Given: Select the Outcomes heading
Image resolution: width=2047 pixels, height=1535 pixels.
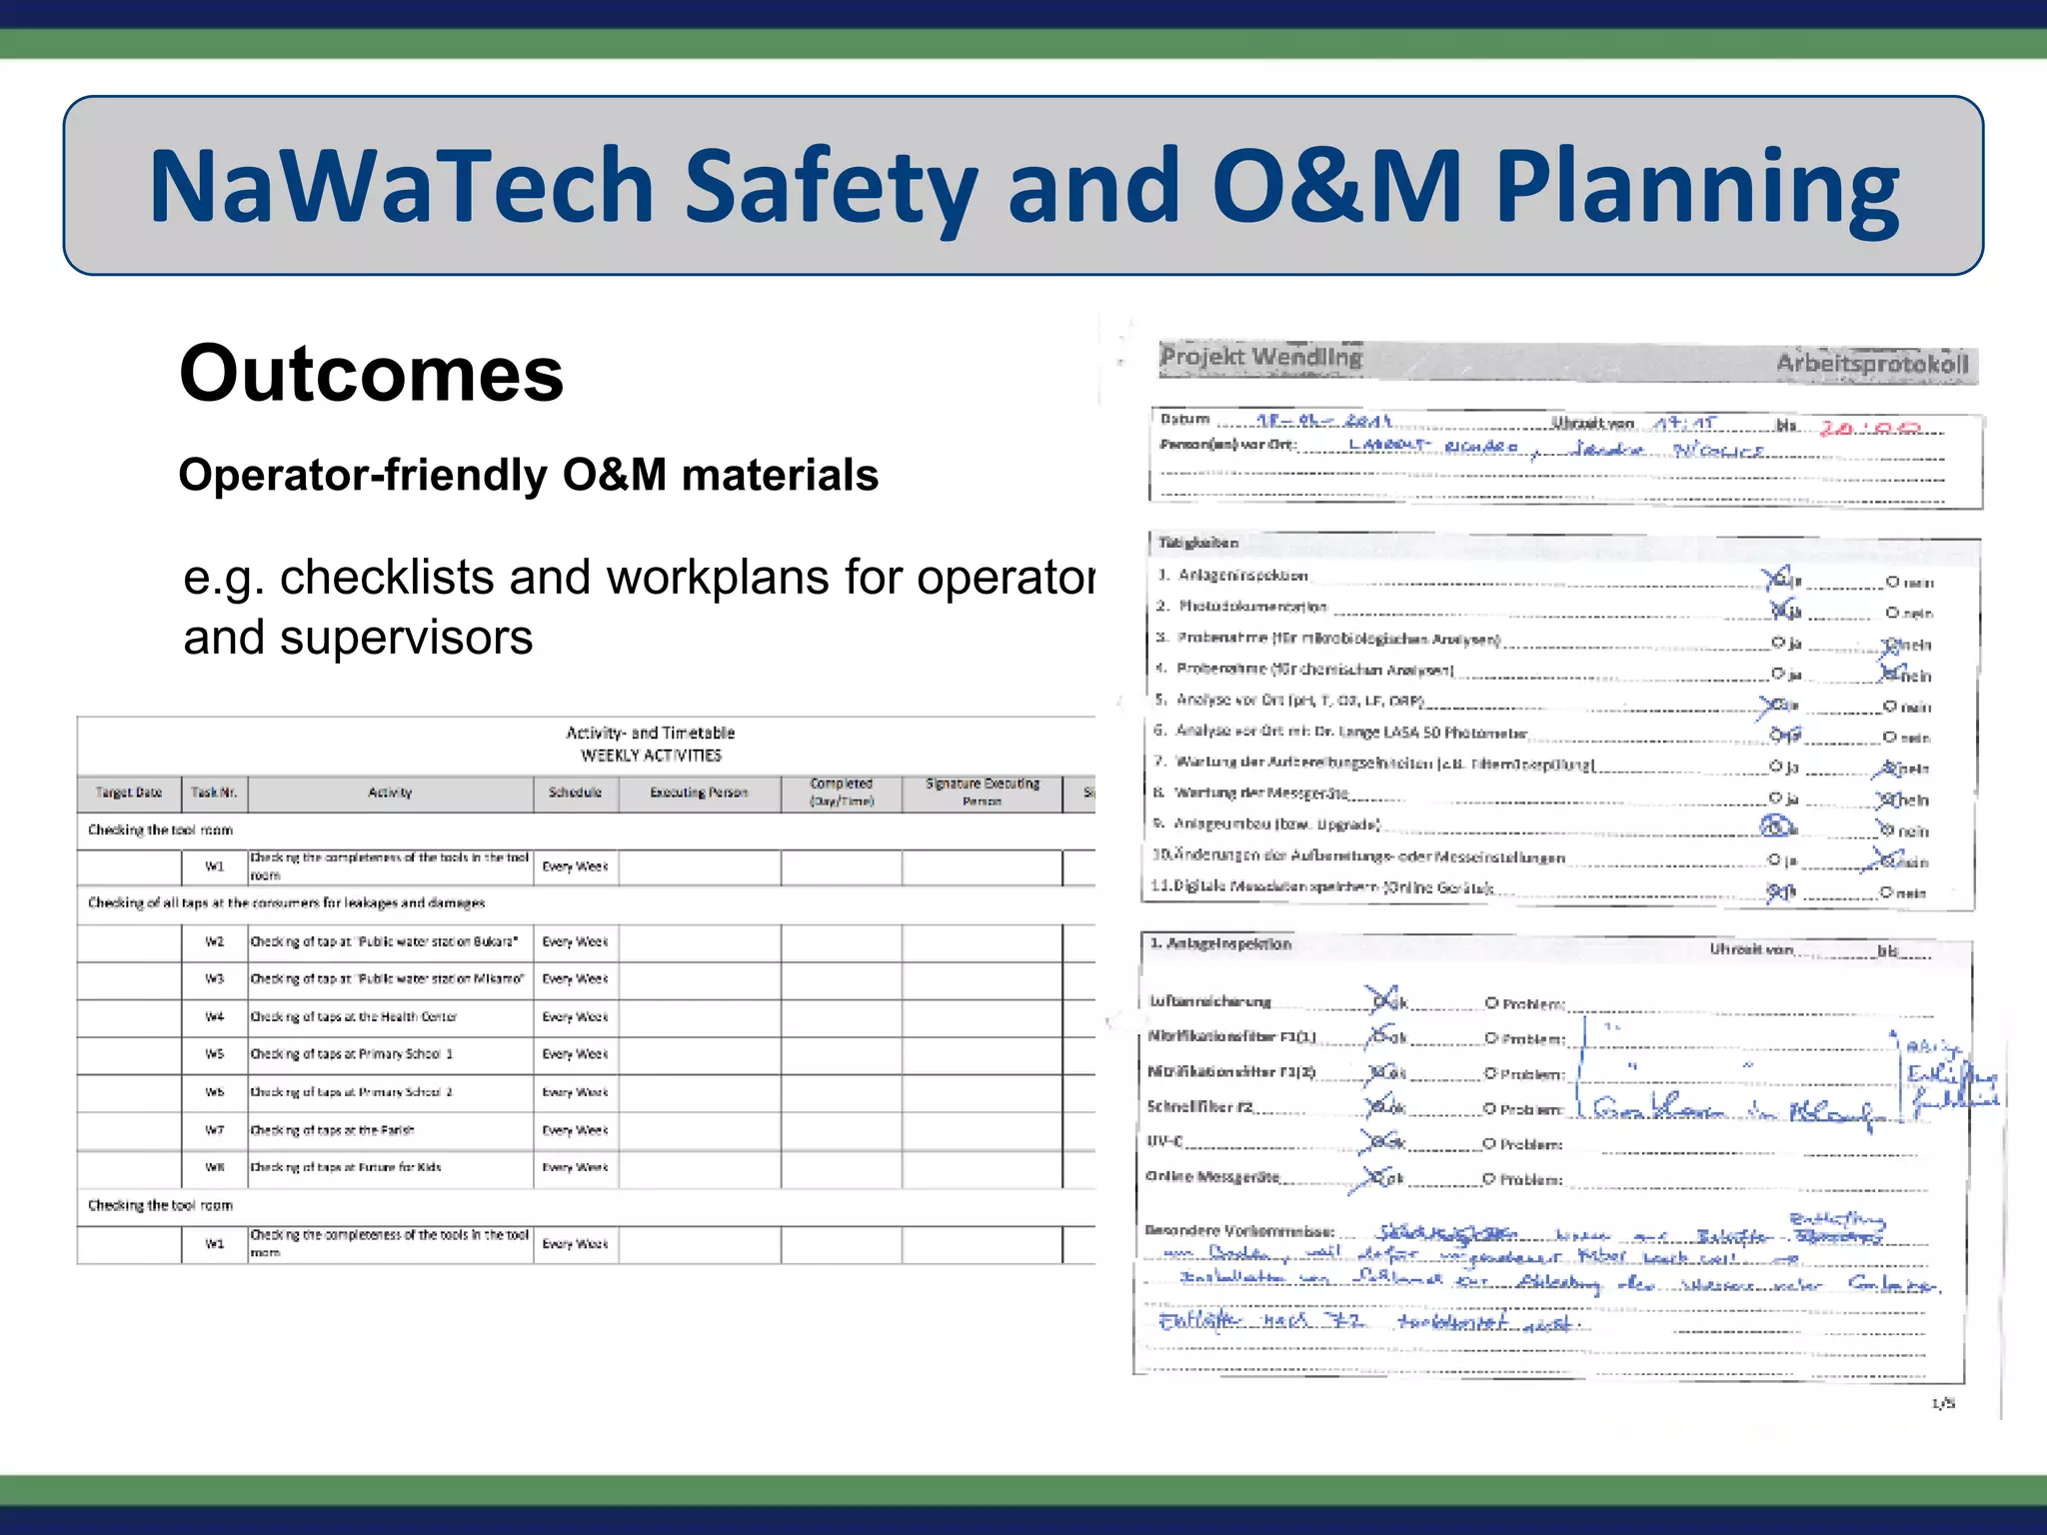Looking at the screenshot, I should [371, 374].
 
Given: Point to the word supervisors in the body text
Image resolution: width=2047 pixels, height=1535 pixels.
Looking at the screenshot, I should [406, 638].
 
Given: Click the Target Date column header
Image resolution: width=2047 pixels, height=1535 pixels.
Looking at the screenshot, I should [129, 793].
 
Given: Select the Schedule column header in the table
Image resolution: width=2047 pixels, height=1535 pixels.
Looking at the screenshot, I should [575, 793].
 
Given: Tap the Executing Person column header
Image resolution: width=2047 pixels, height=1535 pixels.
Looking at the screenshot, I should [699, 793].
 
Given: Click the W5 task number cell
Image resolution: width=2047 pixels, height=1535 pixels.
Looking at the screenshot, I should [215, 1054].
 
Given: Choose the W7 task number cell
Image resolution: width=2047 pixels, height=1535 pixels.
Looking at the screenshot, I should [215, 1130].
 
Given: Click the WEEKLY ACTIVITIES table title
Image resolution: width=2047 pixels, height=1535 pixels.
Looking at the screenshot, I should [651, 756].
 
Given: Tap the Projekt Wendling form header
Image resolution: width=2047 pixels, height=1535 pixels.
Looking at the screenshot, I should [1260, 357].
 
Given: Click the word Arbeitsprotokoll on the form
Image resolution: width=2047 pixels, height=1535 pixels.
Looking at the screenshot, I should [1871, 364].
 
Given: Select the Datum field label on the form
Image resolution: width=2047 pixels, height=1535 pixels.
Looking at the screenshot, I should [1184, 420].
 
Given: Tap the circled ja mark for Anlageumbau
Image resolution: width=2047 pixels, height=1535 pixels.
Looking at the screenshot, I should [1777, 826].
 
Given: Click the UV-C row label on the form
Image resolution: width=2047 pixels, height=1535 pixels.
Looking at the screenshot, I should [1164, 1141].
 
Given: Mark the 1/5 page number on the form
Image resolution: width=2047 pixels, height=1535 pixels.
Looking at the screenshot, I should [1943, 1404].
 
